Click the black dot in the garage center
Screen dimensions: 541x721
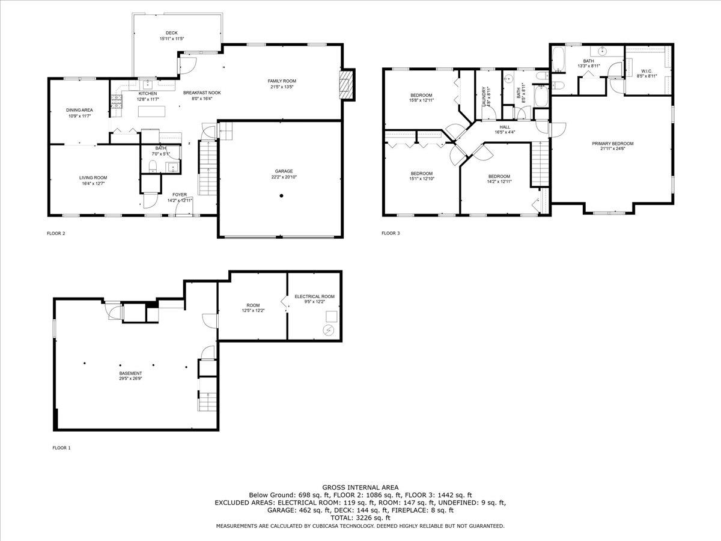pyautogui.click(x=281, y=195)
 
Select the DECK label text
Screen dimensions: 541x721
pyautogui.click(x=172, y=33)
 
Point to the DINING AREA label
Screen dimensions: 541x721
pyautogui.click(x=79, y=110)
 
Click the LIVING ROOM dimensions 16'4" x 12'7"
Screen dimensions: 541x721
pyautogui.click(x=93, y=184)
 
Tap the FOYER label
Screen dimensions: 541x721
pyautogui.click(x=180, y=194)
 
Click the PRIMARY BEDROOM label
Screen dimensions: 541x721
pyautogui.click(x=612, y=144)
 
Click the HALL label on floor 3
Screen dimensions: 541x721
pyautogui.click(x=505, y=127)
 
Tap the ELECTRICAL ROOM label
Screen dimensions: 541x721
pyautogui.click(x=314, y=296)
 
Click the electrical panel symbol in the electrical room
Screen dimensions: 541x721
pyautogui.click(x=329, y=330)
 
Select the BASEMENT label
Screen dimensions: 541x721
pyautogui.click(x=130, y=373)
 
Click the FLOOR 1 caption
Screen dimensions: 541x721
pyautogui.click(x=61, y=448)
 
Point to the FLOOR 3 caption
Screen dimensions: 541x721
pyautogui.click(x=391, y=233)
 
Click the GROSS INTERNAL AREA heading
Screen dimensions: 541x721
pyautogui.click(x=360, y=488)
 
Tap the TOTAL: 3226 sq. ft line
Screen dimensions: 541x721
pyautogui.click(x=360, y=518)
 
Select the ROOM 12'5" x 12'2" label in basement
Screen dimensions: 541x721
pyautogui.click(x=252, y=307)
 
